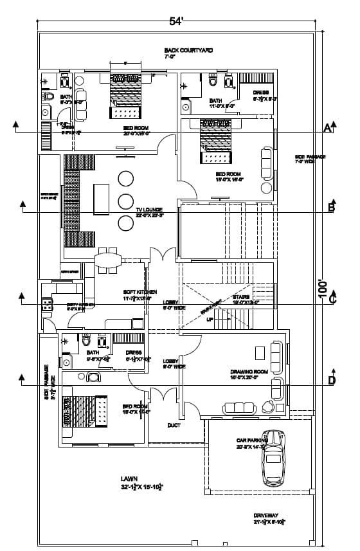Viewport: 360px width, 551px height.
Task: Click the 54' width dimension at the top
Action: pos(176,21)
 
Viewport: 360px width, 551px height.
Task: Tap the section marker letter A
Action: pos(327,127)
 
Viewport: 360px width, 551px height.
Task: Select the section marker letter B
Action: pos(331,207)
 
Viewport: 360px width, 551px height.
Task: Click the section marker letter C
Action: pos(332,298)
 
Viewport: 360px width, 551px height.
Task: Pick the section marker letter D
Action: pos(332,381)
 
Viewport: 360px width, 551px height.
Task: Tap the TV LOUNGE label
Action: pos(148,210)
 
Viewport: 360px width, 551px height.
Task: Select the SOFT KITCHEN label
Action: pos(139,291)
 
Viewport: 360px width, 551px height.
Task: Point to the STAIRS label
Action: pos(245,296)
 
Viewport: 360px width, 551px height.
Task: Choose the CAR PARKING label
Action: pos(251,440)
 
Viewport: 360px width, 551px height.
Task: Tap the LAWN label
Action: pos(129,480)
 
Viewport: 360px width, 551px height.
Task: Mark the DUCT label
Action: pos(174,425)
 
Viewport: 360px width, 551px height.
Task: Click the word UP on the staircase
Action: pos(209,319)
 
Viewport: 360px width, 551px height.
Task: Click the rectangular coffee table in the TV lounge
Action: pos(100,199)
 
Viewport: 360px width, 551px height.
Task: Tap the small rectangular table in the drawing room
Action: pos(259,353)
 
